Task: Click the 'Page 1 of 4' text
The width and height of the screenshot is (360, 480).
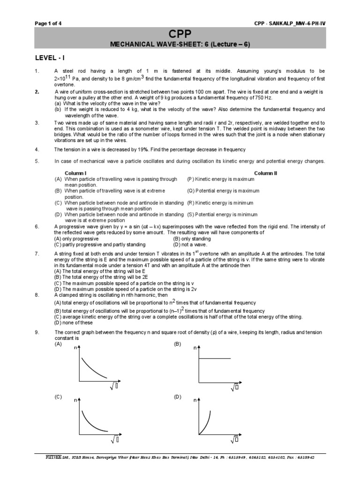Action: pos(48,23)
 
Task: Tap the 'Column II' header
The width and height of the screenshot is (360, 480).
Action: pos(266,173)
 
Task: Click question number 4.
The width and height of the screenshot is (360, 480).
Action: pos(37,150)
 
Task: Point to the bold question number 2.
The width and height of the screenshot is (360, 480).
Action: pos(37,92)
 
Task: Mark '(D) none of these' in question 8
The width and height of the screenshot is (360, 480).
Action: pos(74,322)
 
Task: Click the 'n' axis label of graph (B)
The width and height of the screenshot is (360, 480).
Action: pos(195,349)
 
